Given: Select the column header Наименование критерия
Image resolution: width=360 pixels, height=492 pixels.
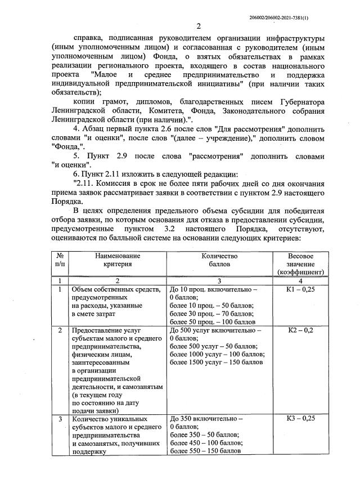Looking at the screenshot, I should point(117,260).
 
